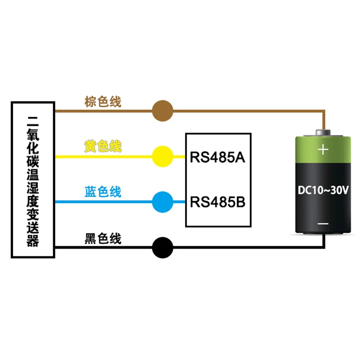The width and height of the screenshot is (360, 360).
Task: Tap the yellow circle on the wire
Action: [x=162, y=156]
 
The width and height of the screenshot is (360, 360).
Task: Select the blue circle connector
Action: [x=162, y=202]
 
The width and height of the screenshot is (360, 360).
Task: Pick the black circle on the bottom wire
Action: [x=162, y=248]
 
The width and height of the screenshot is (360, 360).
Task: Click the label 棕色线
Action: [x=103, y=102]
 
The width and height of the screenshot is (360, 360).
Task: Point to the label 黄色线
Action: [x=103, y=146]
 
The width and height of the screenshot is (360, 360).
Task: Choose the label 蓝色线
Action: [x=103, y=192]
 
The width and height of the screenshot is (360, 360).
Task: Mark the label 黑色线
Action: [x=103, y=239]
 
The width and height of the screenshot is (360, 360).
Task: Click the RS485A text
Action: [x=218, y=157]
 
